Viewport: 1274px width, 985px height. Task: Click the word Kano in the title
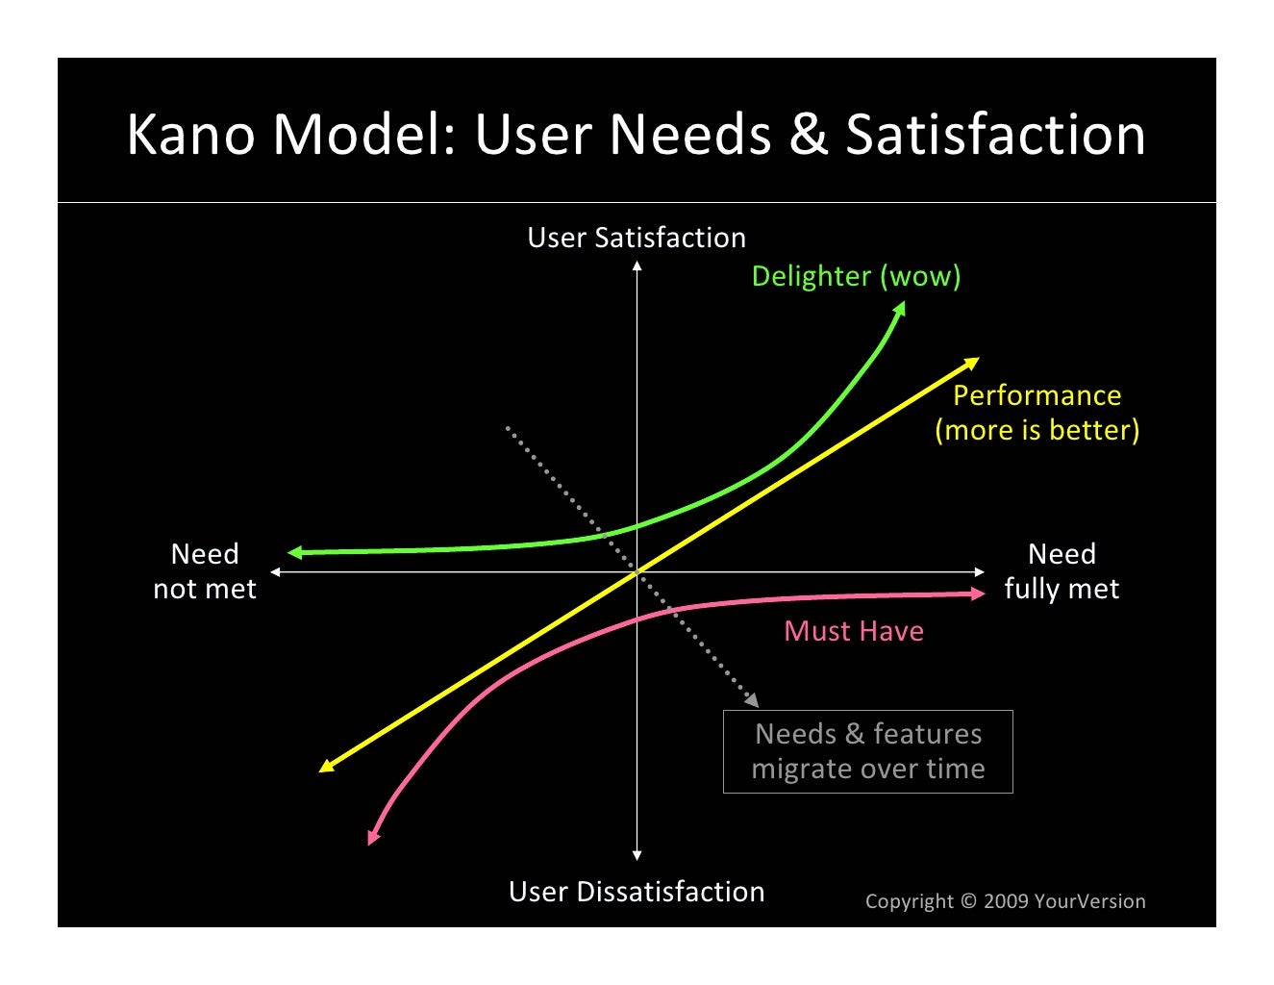tap(189, 134)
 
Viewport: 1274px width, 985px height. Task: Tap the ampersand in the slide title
tap(808, 134)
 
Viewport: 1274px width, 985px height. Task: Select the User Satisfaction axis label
tap(637, 238)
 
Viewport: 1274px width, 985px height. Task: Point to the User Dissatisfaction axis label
tap(637, 892)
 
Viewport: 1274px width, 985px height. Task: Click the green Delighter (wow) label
tap(856, 276)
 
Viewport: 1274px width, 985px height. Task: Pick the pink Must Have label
tap(854, 631)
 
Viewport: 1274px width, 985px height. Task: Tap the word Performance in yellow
tap(1037, 395)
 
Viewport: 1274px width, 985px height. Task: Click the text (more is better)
tap(1037, 430)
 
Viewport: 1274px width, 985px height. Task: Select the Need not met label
tap(205, 571)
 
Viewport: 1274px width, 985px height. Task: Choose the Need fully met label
tap(1062, 571)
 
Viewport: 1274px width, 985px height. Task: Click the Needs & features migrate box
tap(867, 751)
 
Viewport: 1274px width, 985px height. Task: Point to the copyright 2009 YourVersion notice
tap(1005, 901)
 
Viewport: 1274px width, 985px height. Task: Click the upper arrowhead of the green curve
tap(901, 307)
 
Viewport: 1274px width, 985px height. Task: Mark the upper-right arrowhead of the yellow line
tap(973, 363)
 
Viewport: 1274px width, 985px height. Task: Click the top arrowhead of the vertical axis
tap(637, 265)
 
